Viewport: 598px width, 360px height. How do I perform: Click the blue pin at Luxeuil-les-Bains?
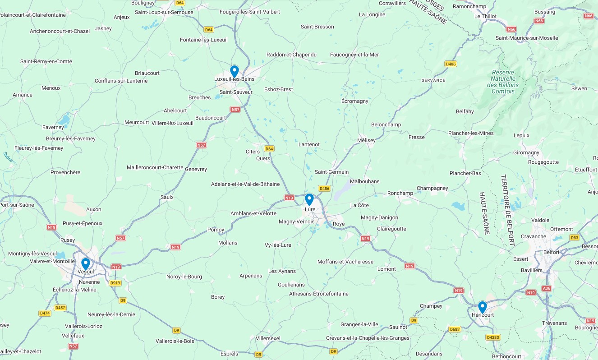tap(235, 71)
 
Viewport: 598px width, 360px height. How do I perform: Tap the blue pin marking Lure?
tap(309, 199)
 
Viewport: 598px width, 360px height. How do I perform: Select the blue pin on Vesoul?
tap(86, 263)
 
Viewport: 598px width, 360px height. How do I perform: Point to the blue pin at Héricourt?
tap(483, 307)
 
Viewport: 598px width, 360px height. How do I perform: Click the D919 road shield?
tap(115, 283)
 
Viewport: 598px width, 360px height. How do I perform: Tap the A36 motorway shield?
tap(547, 288)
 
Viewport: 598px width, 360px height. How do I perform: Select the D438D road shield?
tap(493, 337)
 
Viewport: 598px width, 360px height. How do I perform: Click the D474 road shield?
tap(45, 313)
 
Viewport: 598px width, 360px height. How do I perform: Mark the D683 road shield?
tap(455, 329)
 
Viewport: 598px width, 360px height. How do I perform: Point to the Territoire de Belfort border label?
tap(508, 210)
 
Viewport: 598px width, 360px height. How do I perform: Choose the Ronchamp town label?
tap(400, 193)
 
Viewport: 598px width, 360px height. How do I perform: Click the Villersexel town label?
tap(268, 338)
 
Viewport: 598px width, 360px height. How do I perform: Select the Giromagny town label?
tap(526, 153)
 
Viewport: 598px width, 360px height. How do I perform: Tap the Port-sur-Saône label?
tap(17, 205)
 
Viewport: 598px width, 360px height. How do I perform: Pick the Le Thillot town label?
tap(485, 16)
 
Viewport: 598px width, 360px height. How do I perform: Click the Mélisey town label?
tap(366, 140)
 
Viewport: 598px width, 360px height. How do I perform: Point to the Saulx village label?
tap(167, 197)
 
